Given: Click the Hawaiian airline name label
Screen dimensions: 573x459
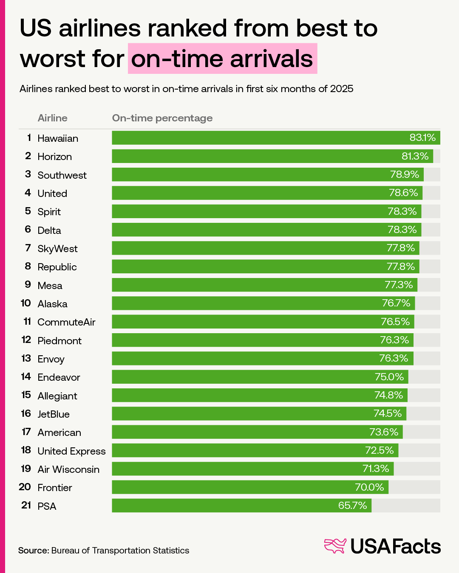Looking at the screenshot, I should coord(58,138).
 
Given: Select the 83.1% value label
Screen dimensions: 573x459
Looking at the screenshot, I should coord(422,138).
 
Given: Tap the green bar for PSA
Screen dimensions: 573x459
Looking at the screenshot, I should coord(241,506).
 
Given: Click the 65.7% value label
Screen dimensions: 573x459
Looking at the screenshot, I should coord(352,506).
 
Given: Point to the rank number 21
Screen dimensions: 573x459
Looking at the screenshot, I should coord(26,506).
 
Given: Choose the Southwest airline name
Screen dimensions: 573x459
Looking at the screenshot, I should coord(62,175).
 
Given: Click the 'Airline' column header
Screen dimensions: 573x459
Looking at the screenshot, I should coord(52,118).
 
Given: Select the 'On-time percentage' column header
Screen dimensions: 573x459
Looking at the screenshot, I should coord(162,118).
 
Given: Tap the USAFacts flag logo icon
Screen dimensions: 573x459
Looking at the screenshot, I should coord(335,546).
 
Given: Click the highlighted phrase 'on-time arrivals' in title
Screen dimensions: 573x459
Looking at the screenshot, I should coord(222,59).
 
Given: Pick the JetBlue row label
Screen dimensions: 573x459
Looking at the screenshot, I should coord(54,414).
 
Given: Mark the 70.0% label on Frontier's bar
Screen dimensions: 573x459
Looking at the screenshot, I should coord(369,487).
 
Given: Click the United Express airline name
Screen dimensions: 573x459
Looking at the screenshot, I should coord(71,451).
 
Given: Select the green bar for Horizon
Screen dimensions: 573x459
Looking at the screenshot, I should coord(272,156).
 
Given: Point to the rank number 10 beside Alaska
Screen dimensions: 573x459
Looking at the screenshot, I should coord(26,303).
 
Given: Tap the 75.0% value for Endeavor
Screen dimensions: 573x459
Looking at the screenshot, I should coord(389,377).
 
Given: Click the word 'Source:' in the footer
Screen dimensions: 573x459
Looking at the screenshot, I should coord(34,551).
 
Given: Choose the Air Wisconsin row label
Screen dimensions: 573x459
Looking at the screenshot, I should coord(68,469).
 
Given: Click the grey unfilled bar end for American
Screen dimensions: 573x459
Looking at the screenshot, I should coord(421,432).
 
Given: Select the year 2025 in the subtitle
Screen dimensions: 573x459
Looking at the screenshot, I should coord(342,89).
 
